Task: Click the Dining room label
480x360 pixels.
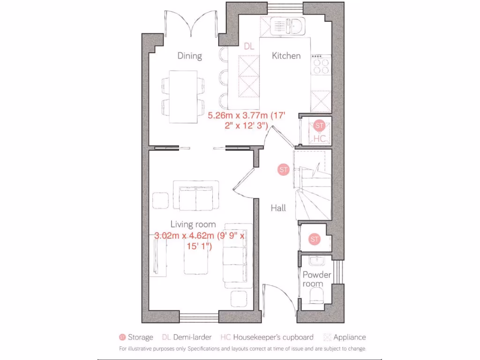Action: (189, 56)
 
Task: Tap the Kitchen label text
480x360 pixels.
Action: (286, 56)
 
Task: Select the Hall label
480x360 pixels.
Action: (278, 208)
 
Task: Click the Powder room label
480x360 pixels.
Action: (316, 279)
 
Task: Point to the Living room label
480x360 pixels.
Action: (193, 224)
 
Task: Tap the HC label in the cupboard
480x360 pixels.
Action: (319, 139)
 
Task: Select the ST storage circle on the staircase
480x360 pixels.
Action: (283, 170)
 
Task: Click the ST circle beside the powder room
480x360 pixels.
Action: (314, 240)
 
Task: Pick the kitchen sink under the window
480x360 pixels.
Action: (295, 26)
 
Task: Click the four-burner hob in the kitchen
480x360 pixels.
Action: (321, 66)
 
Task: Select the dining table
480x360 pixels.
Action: (183, 96)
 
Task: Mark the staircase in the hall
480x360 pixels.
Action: (312, 187)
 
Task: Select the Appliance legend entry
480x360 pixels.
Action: (345, 337)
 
